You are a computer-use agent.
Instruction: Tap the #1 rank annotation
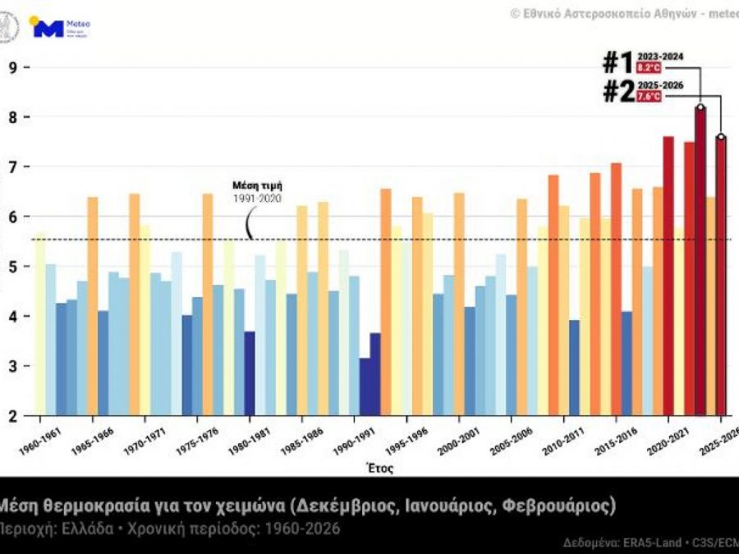click(617, 63)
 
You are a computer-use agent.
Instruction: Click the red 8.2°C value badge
click(648, 68)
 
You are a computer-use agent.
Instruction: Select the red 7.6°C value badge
click(648, 96)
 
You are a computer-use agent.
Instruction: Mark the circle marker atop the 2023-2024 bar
click(700, 107)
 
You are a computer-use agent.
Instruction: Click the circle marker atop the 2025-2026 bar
click(721, 137)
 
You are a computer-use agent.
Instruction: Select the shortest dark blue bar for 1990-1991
click(365, 387)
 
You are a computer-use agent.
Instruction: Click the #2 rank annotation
click(617, 92)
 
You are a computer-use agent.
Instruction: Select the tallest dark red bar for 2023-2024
click(700, 263)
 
